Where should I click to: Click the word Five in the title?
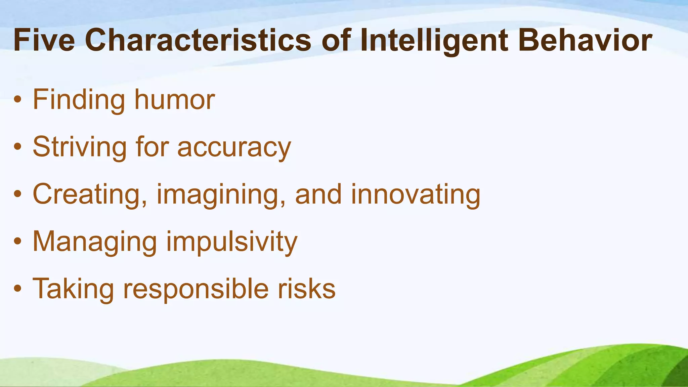[x=44, y=40]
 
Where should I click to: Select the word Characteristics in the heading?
[x=198, y=40]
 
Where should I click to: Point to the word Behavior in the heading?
[x=585, y=40]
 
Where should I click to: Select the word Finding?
[x=79, y=100]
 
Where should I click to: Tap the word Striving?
[x=80, y=147]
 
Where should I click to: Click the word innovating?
[x=416, y=195]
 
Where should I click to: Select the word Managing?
[x=95, y=242]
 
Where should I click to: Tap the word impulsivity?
[x=232, y=242]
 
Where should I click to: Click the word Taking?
[x=73, y=289]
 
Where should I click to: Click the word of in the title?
[x=336, y=40]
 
